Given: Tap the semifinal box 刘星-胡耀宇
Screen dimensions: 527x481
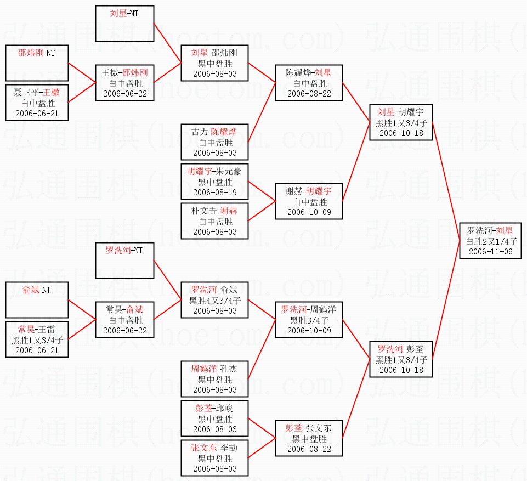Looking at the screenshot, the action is (x=401, y=122).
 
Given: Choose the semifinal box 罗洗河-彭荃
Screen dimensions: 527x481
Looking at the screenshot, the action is (x=401, y=360).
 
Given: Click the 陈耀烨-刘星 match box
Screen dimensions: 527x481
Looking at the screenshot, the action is (x=308, y=83).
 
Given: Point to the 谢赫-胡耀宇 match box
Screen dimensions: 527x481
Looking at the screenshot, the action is (x=308, y=201).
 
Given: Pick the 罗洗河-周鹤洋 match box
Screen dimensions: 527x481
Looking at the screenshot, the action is (x=308, y=320).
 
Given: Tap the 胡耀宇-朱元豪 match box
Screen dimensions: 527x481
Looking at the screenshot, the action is (x=214, y=182).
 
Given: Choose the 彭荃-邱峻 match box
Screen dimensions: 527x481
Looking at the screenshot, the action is (x=214, y=418).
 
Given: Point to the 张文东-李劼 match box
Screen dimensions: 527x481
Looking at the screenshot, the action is (x=214, y=458).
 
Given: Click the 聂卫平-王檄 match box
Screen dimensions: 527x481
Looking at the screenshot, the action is (x=37, y=103).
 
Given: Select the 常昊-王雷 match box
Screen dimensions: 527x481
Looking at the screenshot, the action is (x=37, y=339).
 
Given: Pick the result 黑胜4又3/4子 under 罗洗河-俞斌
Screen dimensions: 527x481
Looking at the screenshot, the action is (x=214, y=300).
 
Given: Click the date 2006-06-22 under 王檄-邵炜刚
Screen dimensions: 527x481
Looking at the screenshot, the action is (x=124, y=93).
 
